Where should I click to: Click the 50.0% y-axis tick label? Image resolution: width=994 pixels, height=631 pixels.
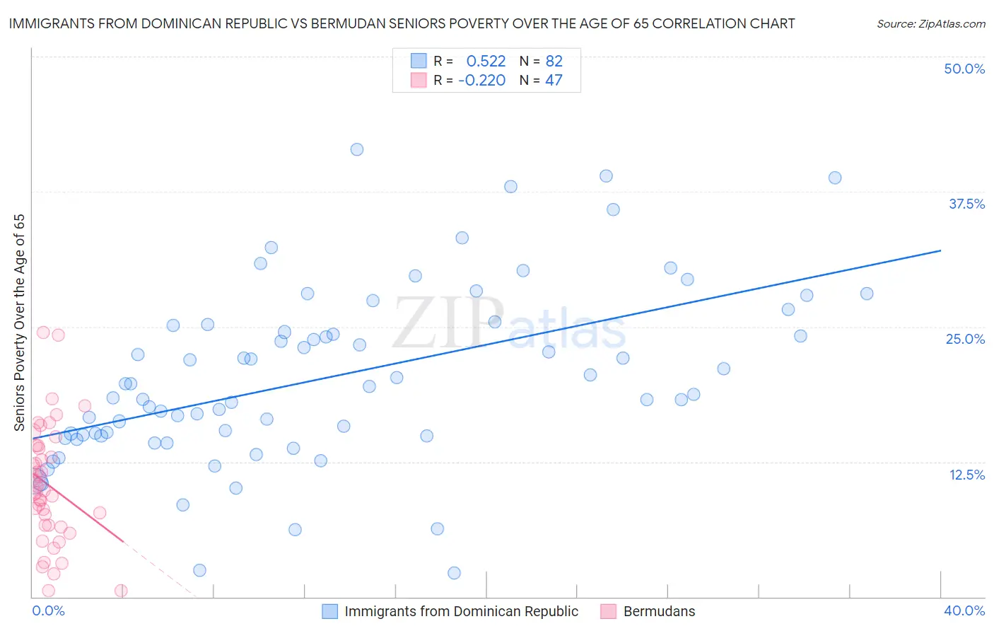pos(964,69)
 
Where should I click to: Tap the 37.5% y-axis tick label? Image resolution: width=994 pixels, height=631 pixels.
pos(966,204)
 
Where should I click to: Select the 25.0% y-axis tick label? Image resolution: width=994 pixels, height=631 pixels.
pos(965,339)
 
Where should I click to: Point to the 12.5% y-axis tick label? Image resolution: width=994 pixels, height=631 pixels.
pos(966,475)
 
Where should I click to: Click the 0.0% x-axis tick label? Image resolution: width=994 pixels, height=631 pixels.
pos(48,610)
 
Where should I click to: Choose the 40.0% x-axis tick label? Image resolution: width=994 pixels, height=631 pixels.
pos(964,610)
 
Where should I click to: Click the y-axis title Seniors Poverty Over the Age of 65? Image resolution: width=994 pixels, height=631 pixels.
pos(19,323)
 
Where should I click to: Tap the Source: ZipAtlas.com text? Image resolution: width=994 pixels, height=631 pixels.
pos(930,23)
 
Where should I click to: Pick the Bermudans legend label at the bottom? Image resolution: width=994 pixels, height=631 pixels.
pos(659,611)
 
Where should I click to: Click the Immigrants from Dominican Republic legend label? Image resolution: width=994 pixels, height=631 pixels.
pos(461,611)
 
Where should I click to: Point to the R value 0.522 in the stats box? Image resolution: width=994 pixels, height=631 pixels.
pos(486,61)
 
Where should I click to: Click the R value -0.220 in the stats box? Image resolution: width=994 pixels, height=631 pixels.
pos(481,80)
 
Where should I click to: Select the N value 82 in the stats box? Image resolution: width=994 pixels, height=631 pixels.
pos(554,61)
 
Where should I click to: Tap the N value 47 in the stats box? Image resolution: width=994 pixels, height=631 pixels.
pos(554,80)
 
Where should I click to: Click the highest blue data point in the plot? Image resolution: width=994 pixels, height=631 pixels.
pos(357,149)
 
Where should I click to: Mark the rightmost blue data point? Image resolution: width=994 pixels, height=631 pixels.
pos(867,294)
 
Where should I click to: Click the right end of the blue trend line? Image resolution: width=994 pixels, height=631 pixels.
pos(940,250)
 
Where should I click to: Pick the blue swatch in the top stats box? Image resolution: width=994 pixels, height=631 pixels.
pos(419,61)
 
